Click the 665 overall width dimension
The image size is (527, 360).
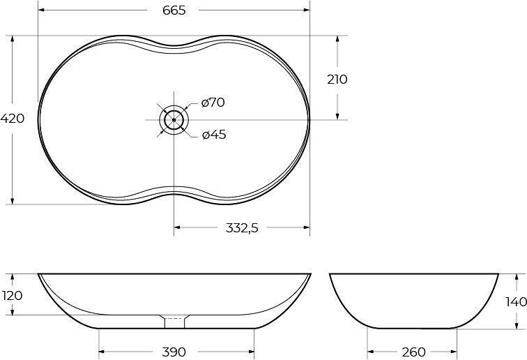click(x=174, y=10)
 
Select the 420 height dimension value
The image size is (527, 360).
click(x=13, y=119)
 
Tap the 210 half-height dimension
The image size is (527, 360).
click(x=337, y=79)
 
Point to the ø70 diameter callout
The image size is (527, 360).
click(x=213, y=103)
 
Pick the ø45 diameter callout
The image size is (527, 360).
click(x=213, y=135)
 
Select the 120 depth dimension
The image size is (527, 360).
click(x=13, y=296)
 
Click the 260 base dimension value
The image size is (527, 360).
click(x=413, y=352)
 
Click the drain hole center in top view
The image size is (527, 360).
click(x=174, y=120)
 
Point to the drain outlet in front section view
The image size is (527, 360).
click(x=174, y=322)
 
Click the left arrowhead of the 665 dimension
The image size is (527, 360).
click(x=40, y=10)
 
